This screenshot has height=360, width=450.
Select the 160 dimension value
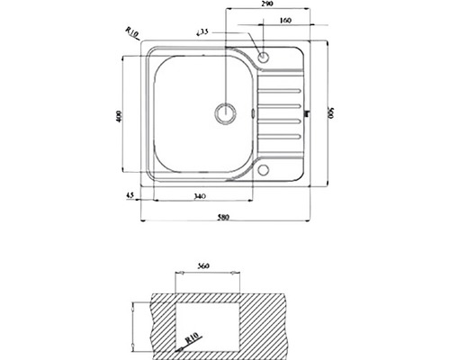(x=285, y=21)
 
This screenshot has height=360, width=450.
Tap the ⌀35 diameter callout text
(x=202, y=33)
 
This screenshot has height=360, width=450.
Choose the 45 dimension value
(x=130, y=195)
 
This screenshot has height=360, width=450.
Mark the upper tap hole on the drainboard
(x=263, y=58)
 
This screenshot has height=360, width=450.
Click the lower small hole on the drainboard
(x=263, y=171)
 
